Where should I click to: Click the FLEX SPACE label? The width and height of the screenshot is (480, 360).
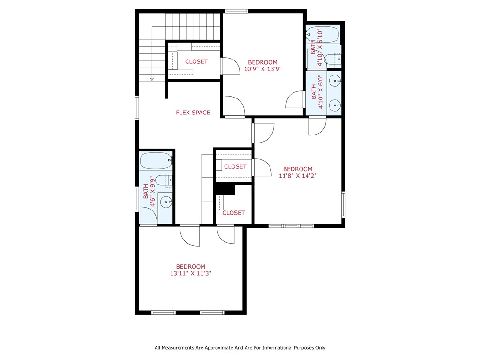[193, 112]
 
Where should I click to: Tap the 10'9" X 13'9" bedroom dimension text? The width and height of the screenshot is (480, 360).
[262, 69]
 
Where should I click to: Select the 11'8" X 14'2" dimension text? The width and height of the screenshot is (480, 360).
[298, 176]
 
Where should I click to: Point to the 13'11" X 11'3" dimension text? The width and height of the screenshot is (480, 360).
[191, 274]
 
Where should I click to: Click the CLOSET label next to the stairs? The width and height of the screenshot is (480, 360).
[196, 62]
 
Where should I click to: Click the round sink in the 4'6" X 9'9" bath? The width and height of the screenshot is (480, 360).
[165, 202]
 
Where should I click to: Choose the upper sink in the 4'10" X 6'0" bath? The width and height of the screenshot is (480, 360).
[334, 81]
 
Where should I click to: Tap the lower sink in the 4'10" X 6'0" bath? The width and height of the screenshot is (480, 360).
[334, 105]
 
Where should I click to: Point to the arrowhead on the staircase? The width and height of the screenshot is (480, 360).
[152, 79]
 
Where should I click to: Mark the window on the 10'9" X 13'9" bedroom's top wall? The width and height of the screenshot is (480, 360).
[237, 11]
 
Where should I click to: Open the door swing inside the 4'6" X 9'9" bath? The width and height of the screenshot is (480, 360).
[149, 216]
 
